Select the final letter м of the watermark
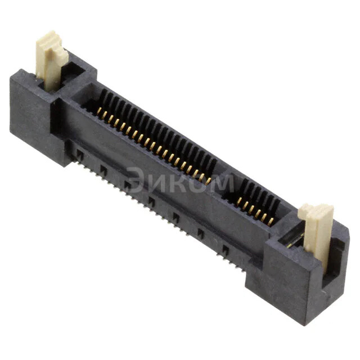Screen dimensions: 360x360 [224, 183]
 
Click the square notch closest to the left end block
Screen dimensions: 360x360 [79, 153]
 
